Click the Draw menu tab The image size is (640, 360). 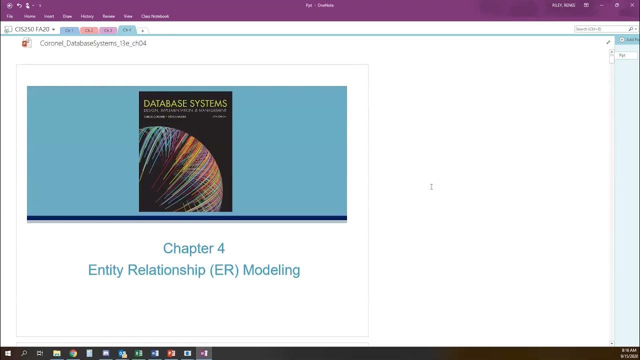pyautogui.click(x=67, y=16)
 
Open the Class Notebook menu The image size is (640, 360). pyautogui.click(x=155, y=16)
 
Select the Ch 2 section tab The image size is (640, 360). pyautogui.click(x=88, y=30)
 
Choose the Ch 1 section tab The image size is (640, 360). pyautogui.click(x=69, y=30)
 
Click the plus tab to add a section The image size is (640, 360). pyautogui.click(x=142, y=30)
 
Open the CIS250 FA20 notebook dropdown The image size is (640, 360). pyautogui.click(x=53, y=29)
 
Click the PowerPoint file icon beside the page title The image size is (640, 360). pyautogui.click(x=26, y=43)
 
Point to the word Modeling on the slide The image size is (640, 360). pyautogui.click(x=271, y=270)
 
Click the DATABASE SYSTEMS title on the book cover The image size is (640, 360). pyautogui.click(x=185, y=103)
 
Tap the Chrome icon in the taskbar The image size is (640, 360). pyautogui.click(x=73, y=353)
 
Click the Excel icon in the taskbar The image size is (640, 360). pyautogui.click(x=138, y=353)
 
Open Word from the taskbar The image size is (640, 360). pyautogui.click(x=155, y=353)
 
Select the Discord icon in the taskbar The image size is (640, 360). pyautogui.click(x=106, y=353)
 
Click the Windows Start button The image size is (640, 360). pyautogui.click(x=7, y=353)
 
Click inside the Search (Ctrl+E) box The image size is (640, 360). pyautogui.click(x=600, y=29)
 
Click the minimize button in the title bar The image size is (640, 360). pyautogui.click(x=601, y=5)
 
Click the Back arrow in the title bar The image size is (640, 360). pyautogui.click(x=9, y=5)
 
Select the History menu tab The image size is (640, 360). pyautogui.click(x=87, y=16)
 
